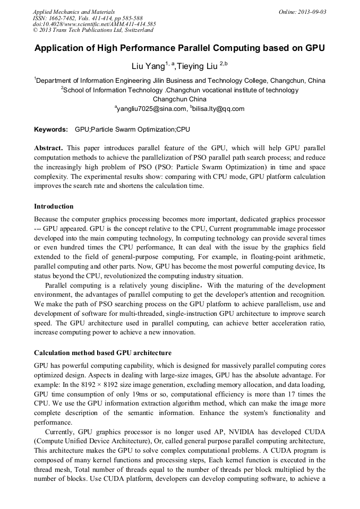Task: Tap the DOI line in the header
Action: click(x=94, y=24)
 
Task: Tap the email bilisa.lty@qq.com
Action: click(x=219, y=109)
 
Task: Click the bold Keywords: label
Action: click(x=51, y=130)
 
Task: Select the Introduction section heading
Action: click(x=54, y=206)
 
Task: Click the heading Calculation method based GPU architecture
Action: click(x=102, y=352)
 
